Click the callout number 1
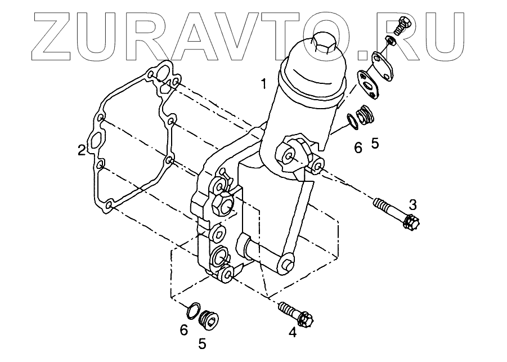(x=263, y=84)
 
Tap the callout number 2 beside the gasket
(x=82, y=150)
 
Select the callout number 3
(x=413, y=203)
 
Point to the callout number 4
(x=292, y=333)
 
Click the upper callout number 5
(x=375, y=143)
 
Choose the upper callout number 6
(x=358, y=148)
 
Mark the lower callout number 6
(x=183, y=330)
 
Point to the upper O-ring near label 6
(x=351, y=121)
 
